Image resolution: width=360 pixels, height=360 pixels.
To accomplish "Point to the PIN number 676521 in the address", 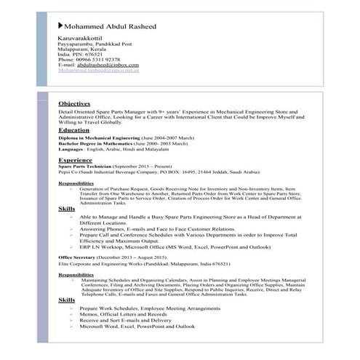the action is tap(94, 53).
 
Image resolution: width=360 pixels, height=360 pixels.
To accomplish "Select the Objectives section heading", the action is tap(74, 103).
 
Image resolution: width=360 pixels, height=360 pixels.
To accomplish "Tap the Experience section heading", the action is tap(75, 159).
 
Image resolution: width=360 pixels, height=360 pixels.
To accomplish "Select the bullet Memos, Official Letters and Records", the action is tap(119, 314).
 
